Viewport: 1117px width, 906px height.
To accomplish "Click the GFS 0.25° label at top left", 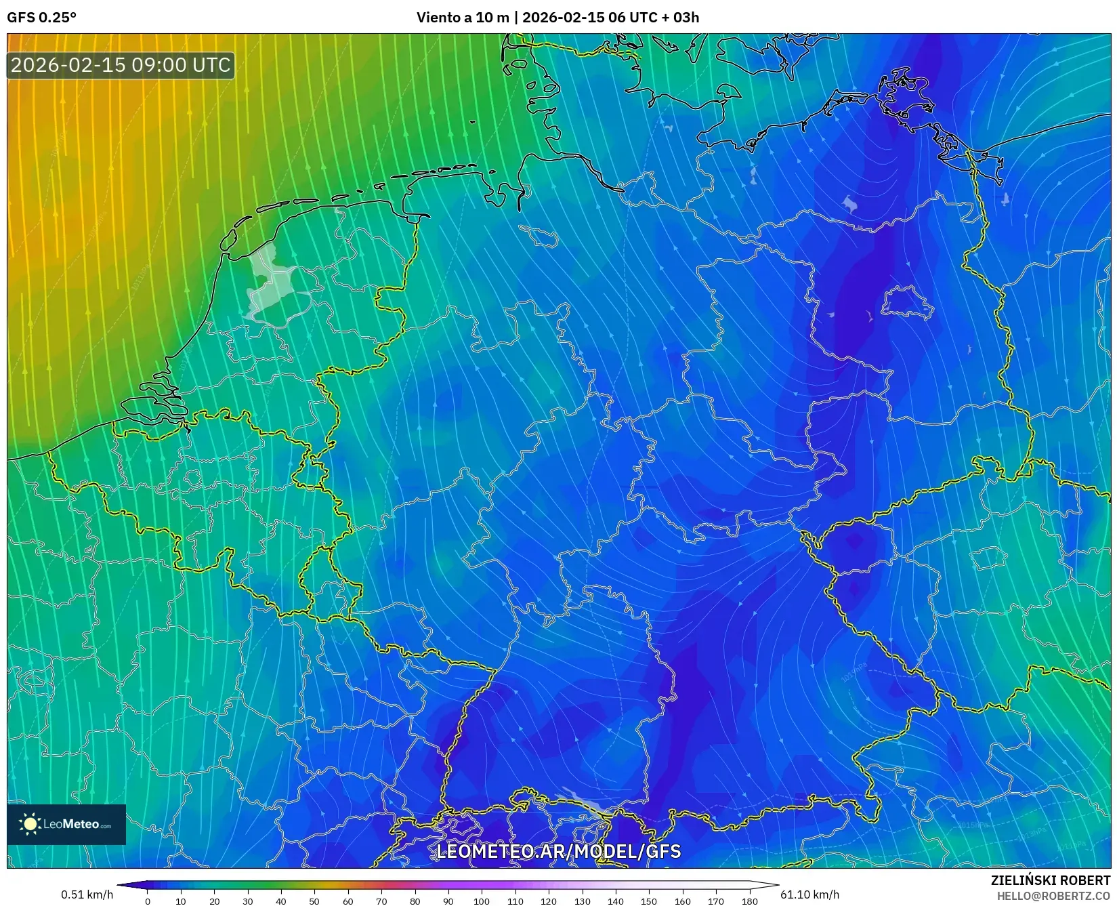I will click(x=41, y=18).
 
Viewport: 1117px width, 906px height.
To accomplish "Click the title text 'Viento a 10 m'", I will click(x=462, y=18).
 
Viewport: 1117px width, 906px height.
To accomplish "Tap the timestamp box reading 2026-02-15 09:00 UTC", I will click(x=121, y=65).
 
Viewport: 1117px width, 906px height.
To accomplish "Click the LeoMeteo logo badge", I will click(x=66, y=824).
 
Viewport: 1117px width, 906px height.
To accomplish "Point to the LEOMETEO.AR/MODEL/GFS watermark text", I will click(x=558, y=851).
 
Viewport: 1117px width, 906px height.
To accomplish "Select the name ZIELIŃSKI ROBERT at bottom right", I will click(x=1051, y=880).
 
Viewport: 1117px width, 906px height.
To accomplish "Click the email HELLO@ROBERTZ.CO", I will click(x=1053, y=896).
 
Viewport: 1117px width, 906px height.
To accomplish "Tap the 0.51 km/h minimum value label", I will click(x=87, y=894).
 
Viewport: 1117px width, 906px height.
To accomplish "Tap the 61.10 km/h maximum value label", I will click(x=809, y=894).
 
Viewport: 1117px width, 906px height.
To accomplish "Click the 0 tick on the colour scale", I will click(x=148, y=901).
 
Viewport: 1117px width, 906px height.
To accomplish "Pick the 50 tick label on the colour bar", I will click(x=314, y=901).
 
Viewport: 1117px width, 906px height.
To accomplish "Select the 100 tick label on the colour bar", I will click(x=481, y=901).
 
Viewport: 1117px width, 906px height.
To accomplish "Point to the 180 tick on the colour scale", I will click(x=749, y=901).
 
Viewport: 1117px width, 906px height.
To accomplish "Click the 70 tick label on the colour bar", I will click(x=381, y=901).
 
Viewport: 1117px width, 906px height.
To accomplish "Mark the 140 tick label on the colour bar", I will click(x=615, y=901).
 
